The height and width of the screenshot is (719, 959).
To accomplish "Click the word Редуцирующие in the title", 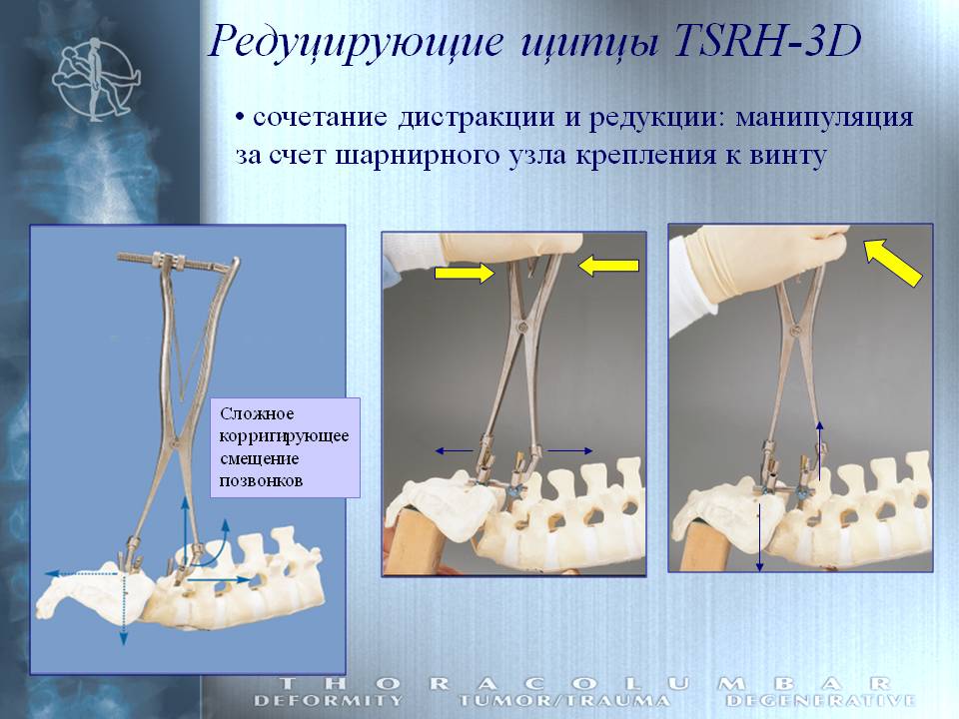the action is point(357,44).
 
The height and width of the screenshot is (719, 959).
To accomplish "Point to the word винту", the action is point(788,156).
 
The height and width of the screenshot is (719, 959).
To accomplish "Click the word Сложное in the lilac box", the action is point(257,413).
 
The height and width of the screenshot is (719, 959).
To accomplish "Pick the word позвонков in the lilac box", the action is point(261,480).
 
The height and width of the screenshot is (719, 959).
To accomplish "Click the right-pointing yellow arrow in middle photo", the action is point(465,272).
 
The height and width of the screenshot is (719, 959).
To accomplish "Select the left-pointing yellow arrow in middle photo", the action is point(608,266).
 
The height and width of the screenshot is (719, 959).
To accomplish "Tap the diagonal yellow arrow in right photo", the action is point(893,262).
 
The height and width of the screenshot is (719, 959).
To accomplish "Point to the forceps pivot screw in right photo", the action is point(796,331).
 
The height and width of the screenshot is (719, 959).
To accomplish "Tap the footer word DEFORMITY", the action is point(329,701).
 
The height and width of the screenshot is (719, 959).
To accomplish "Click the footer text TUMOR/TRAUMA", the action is point(563,701).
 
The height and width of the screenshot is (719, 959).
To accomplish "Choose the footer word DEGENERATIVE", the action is point(821,701).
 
